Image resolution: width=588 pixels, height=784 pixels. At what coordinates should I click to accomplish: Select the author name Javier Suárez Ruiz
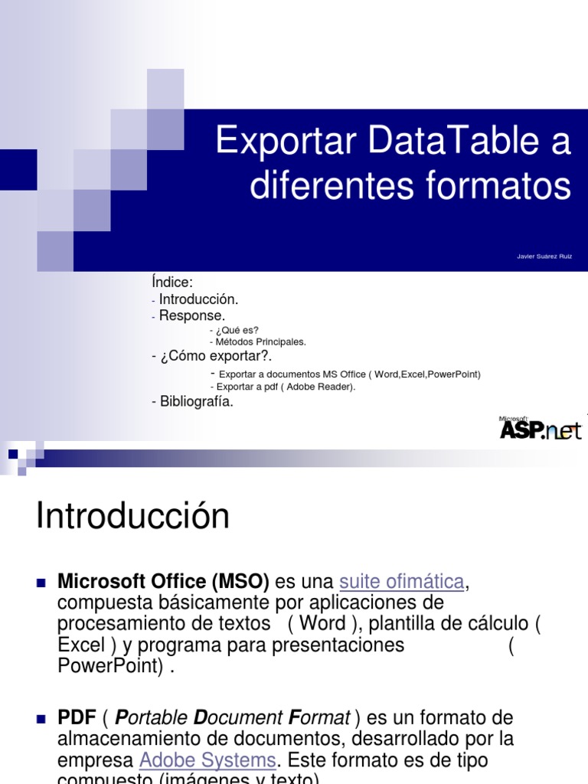coord(544,256)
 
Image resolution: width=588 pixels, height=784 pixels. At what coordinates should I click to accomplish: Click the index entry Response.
coord(192,315)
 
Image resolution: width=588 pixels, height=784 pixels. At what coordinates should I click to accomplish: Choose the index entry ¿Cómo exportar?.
coord(216,357)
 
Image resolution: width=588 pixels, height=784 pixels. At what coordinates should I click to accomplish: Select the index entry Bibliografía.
coord(196,401)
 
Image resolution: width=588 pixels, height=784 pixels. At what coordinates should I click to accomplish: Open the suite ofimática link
coord(401,582)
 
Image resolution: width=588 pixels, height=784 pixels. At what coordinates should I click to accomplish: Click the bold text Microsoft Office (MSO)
coord(163,582)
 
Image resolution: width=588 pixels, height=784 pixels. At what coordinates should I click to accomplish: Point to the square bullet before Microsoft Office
coord(42,583)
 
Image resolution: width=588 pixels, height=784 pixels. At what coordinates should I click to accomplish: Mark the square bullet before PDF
coord(42,719)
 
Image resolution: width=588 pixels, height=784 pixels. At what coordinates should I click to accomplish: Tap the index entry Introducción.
coord(199,299)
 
